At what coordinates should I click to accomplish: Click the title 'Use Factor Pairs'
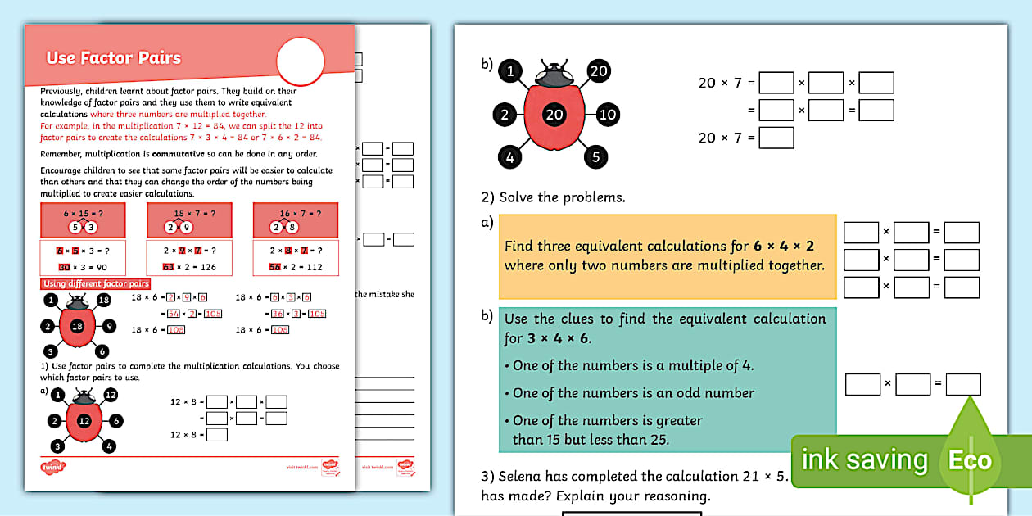pyautogui.click(x=113, y=58)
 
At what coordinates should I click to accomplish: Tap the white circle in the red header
pyautogui.click(x=301, y=62)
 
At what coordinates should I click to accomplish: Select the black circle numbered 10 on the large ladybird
pyautogui.click(x=607, y=114)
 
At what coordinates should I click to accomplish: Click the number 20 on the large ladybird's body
pyautogui.click(x=554, y=114)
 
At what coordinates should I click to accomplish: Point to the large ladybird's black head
pyautogui.click(x=554, y=75)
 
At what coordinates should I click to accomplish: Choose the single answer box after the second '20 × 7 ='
pyautogui.click(x=776, y=138)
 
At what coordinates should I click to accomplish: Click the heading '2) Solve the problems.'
pyautogui.click(x=552, y=197)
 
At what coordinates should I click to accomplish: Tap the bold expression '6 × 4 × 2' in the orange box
pyautogui.click(x=784, y=246)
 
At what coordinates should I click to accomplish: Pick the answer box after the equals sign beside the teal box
pyautogui.click(x=962, y=383)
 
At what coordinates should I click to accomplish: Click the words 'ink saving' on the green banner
pyautogui.click(x=864, y=460)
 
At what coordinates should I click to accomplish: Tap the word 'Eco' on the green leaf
pyautogui.click(x=970, y=460)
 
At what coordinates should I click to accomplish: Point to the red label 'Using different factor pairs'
pyautogui.click(x=96, y=284)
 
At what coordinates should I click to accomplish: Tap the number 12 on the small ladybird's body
pyautogui.click(x=84, y=421)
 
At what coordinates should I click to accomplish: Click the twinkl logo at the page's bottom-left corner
pyautogui.click(x=52, y=468)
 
